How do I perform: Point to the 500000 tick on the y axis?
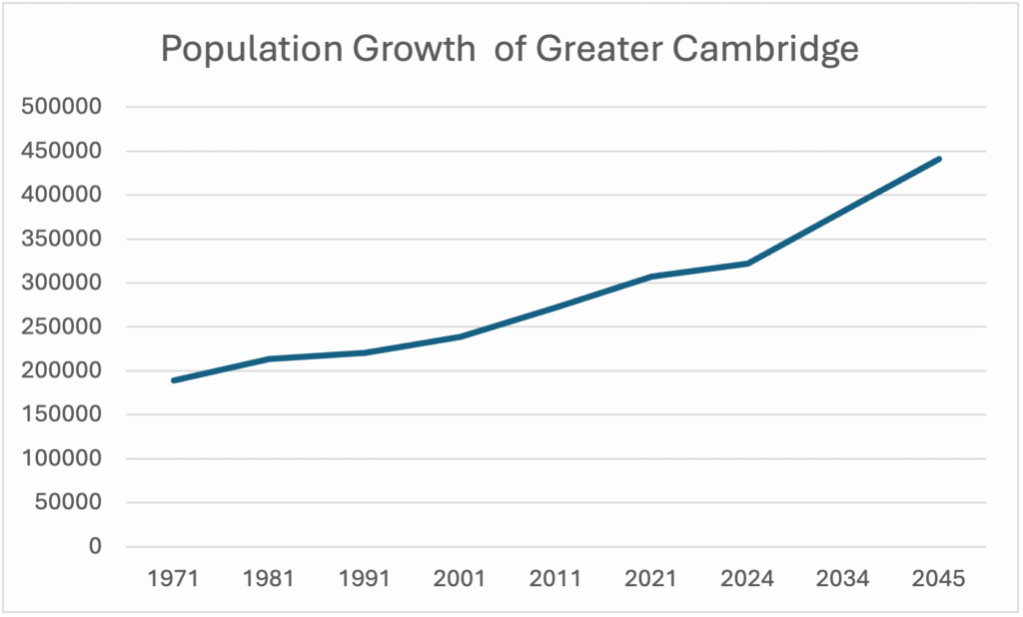[65, 107]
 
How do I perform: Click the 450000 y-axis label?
[65, 151]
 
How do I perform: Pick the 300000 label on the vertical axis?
[65, 283]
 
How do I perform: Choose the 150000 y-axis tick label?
[65, 414]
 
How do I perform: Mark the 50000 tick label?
[71, 502]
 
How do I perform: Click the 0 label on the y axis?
[96, 546]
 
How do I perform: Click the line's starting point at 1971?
[174, 380]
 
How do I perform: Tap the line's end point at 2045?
[939, 159]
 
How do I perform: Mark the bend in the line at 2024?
[748, 264]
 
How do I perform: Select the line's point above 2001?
[461, 336]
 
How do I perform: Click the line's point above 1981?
[270, 358]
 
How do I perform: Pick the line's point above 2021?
[652, 277]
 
